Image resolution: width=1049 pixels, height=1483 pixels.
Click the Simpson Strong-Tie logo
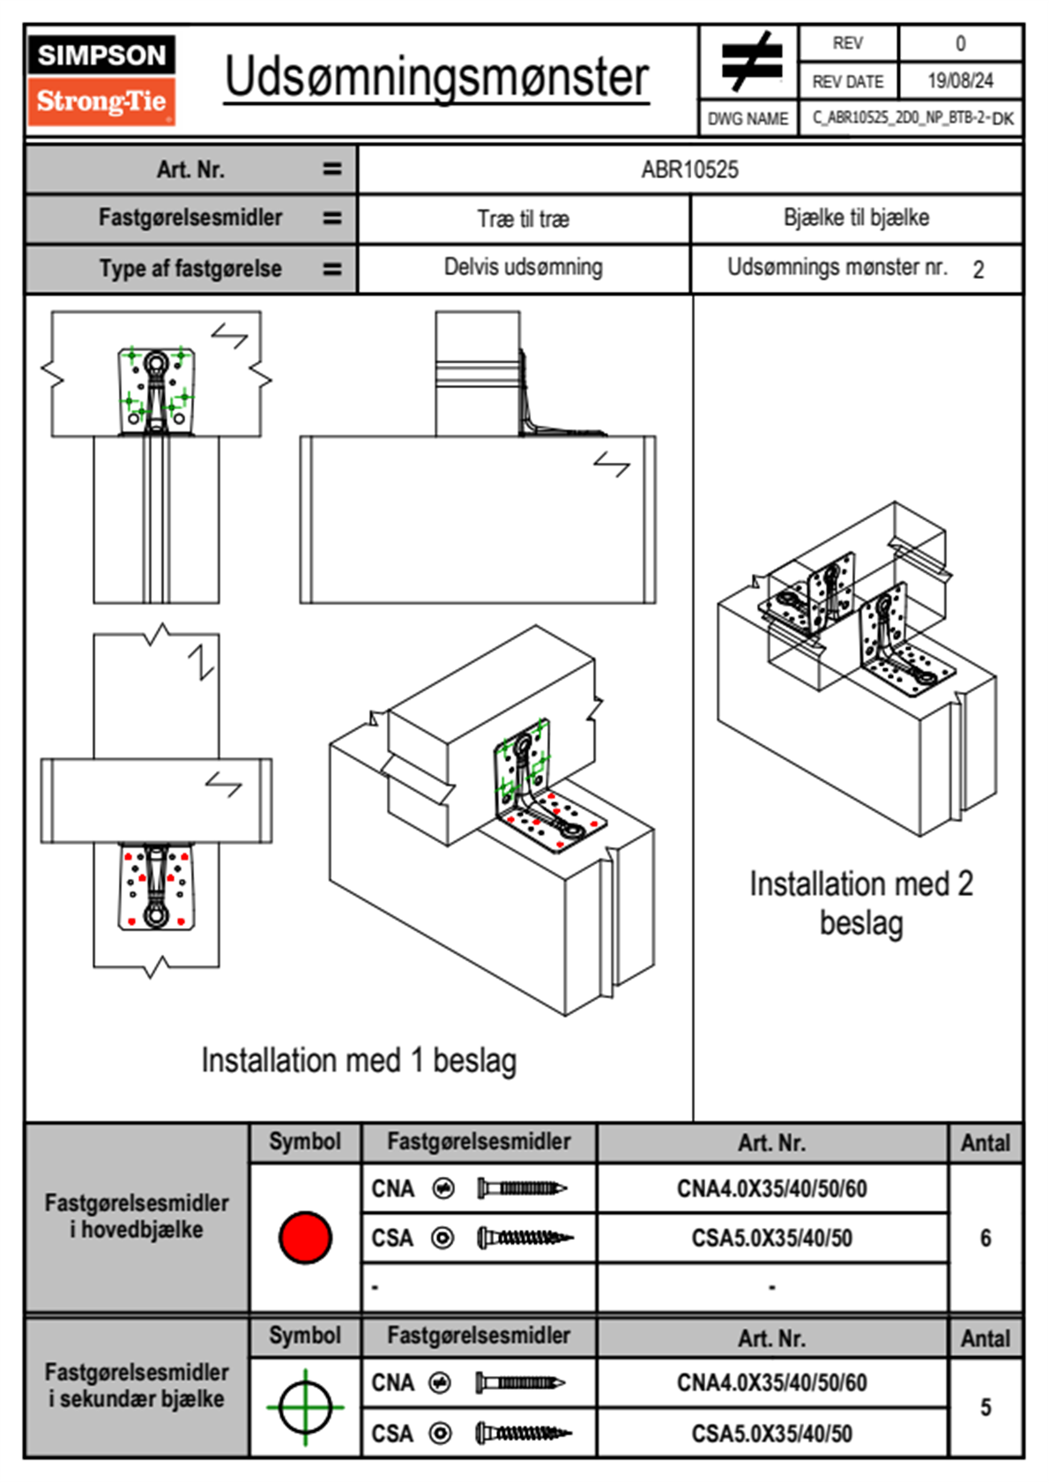tap(101, 79)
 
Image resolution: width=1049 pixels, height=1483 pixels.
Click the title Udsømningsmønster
tap(436, 78)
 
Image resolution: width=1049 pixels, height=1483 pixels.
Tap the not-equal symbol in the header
tap(750, 62)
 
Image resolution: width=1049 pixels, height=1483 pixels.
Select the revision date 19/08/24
tap(960, 81)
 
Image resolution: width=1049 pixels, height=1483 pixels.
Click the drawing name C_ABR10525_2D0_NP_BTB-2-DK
tap(911, 118)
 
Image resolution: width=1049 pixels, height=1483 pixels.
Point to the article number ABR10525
tap(689, 170)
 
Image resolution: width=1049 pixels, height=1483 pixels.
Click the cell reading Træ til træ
tap(524, 219)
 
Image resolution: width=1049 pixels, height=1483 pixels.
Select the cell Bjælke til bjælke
tap(856, 218)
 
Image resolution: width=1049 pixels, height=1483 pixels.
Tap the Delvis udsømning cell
tap(524, 267)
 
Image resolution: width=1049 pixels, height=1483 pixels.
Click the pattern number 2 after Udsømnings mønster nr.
tap(978, 270)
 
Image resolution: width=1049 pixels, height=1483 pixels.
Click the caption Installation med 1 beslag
tap(359, 1061)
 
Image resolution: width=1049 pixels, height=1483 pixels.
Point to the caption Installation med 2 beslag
tap(860, 904)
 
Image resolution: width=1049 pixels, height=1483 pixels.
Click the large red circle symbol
tap(305, 1237)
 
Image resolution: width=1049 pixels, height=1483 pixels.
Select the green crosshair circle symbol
tap(305, 1407)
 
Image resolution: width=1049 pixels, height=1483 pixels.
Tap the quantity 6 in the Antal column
tap(986, 1238)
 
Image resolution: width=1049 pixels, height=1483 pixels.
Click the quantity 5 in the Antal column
tap(986, 1407)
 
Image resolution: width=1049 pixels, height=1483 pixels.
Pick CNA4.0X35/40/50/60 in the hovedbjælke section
tap(771, 1189)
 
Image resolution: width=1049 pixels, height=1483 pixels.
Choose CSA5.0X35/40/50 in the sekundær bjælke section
tap(771, 1434)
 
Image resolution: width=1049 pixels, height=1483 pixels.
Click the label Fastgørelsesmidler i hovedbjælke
tap(137, 1216)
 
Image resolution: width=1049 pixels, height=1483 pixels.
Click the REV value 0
tap(960, 43)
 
